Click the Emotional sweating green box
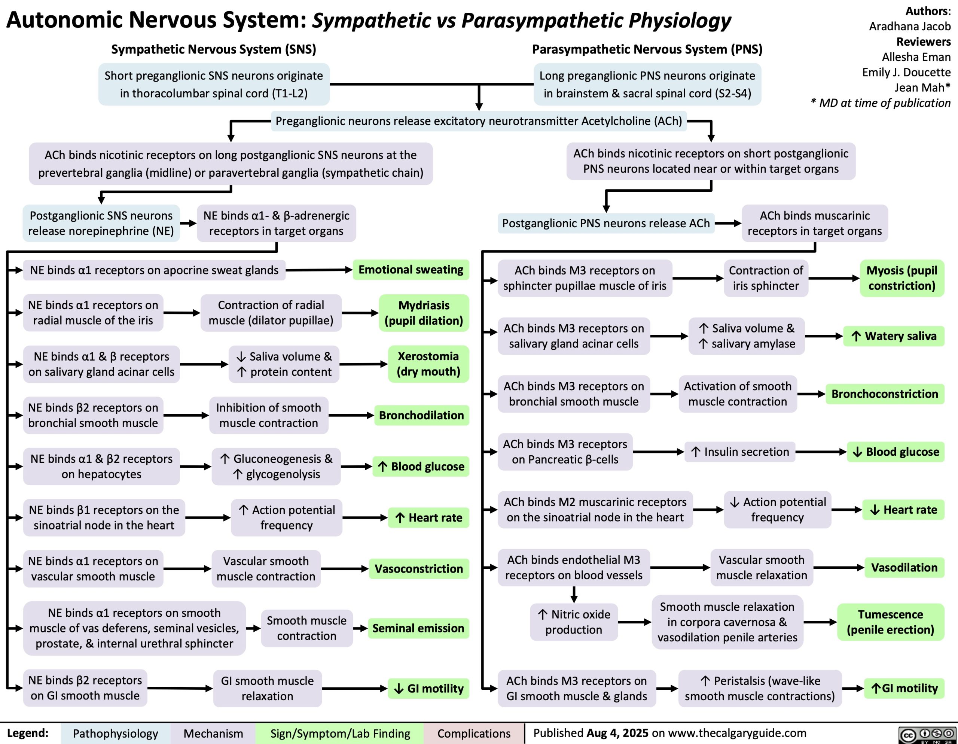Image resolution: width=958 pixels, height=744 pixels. tap(411, 270)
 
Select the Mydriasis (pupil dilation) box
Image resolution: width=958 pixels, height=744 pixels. tap(424, 313)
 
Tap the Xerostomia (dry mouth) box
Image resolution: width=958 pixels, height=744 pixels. tap(428, 364)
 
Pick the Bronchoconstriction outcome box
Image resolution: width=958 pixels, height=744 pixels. tap(885, 394)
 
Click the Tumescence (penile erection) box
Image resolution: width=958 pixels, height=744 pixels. tap(890, 622)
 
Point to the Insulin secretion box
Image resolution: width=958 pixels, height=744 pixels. tap(740, 452)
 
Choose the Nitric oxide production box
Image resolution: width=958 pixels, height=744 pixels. tap(574, 622)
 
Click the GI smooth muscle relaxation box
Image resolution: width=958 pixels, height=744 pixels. tap(267, 688)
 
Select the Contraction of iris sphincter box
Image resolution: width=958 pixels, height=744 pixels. tap(766, 278)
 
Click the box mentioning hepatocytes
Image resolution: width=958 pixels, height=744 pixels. tap(101, 466)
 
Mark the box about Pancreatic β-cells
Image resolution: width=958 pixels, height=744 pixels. tap(565, 452)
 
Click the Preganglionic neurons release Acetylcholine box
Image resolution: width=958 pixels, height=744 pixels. tap(479, 121)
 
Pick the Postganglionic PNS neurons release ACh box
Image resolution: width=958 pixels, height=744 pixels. tap(606, 223)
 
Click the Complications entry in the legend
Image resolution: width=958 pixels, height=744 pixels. tap(474, 734)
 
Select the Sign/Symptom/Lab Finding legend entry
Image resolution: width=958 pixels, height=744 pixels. tap(340, 734)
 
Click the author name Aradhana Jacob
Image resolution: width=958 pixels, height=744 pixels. tap(910, 26)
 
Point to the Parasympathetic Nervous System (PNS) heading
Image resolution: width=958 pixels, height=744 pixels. tap(647, 49)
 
